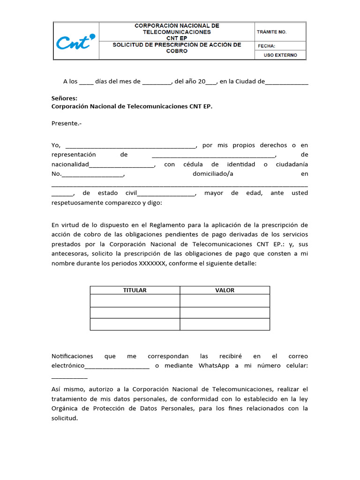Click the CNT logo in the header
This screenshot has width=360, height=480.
tap(75, 42)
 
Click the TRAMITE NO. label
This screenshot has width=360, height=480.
tap(272, 32)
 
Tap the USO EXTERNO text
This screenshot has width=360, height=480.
tap(280, 55)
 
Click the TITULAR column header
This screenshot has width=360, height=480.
tap(135, 290)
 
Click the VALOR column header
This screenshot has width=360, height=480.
tap(225, 290)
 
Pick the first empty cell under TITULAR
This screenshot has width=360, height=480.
tap(135, 301)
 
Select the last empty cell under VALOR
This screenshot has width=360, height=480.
tap(225, 324)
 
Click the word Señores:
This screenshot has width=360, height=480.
tap(64, 98)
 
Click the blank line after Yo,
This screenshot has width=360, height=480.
tap(130, 146)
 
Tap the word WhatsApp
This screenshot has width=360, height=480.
tap(214, 366)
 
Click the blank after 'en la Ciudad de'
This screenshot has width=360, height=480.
tap(286, 82)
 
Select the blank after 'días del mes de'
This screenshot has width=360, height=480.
tap(157, 82)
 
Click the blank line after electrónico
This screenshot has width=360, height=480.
tap(117, 367)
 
